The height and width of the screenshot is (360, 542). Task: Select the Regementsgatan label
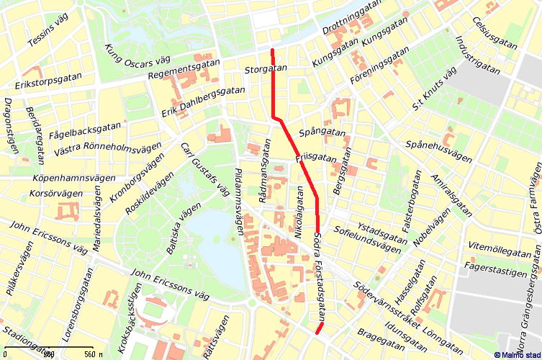(182, 71)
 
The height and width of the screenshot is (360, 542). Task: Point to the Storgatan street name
(266, 69)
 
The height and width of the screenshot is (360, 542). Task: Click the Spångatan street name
(322, 132)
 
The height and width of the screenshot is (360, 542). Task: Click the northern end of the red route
(272, 50)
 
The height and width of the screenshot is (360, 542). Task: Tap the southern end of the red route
(316, 333)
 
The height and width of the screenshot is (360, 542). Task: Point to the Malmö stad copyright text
(517, 354)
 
